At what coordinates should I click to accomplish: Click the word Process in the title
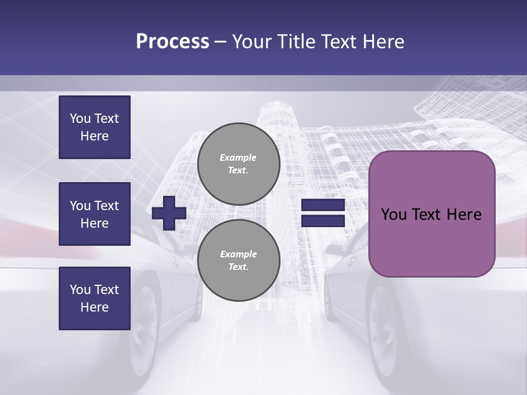[x=172, y=42]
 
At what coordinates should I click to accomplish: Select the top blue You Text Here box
[x=94, y=127]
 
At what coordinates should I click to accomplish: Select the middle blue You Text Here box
[x=94, y=214]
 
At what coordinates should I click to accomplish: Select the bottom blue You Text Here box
[x=94, y=298]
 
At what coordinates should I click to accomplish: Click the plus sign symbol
[x=169, y=213]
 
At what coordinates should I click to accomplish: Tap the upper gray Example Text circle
[x=239, y=164]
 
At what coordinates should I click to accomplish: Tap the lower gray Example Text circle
[x=239, y=261]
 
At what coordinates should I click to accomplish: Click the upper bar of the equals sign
[x=323, y=205]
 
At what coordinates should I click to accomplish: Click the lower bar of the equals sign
[x=323, y=221]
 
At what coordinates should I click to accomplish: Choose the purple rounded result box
[x=431, y=214]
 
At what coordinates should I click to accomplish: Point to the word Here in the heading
[x=382, y=42]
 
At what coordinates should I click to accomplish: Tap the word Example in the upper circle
[x=238, y=157]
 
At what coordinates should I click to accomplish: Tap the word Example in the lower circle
[x=238, y=254]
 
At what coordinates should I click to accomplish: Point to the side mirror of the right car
[x=334, y=250]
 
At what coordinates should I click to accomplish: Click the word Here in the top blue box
[x=94, y=136]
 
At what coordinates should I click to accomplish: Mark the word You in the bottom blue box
[x=80, y=290]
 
